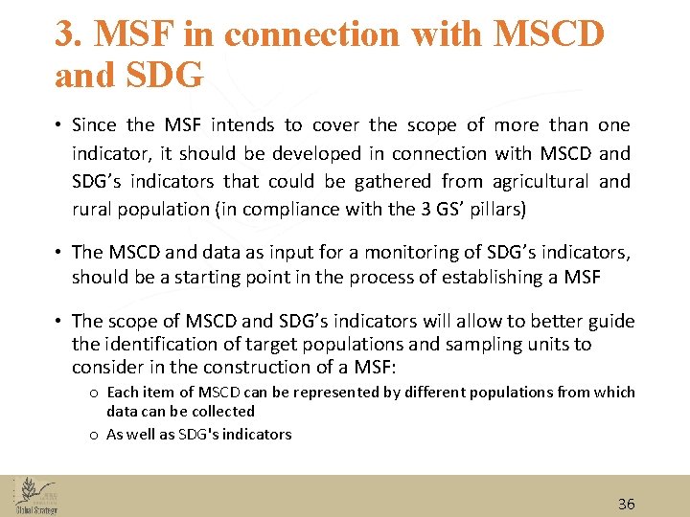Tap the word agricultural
click(541, 181)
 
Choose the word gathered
click(397, 181)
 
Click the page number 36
click(627, 504)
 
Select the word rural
click(92, 209)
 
